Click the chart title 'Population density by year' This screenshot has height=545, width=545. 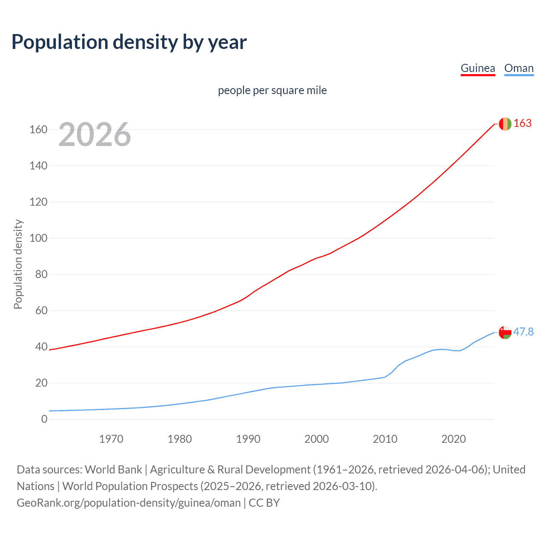click(129, 42)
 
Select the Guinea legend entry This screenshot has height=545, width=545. click(478, 69)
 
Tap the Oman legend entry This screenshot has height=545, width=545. click(519, 69)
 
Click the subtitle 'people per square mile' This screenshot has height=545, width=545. click(272, 91)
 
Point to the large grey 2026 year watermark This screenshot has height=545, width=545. click(95, 135)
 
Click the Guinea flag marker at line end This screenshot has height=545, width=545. click(505, 124)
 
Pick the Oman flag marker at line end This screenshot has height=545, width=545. click(505, 333)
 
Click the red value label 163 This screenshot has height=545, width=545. click(522, 123)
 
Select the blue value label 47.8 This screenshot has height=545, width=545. click(523, 332)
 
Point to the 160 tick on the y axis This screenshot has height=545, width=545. click(38, 129)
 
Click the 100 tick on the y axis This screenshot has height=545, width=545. click(38, 238)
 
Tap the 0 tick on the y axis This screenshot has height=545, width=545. click(44, 419)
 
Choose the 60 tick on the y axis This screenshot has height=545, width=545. click(41, 311)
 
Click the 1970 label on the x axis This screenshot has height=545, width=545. click(111, 439)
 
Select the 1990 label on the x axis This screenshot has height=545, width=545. click(248, 439)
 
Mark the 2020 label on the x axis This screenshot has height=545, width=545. click(453, 439)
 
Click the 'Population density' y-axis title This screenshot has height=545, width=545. click(18, 264)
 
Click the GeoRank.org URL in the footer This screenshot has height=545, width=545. click(129, 503)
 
